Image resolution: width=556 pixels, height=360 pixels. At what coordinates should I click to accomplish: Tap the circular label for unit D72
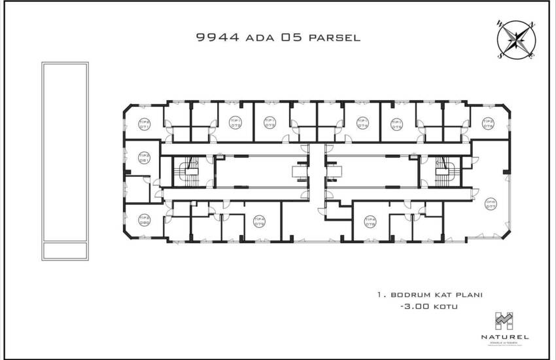pyautogui.click(x=235, y=123)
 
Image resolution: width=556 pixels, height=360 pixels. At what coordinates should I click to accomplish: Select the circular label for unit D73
pyautogui.click(x=269, y=123)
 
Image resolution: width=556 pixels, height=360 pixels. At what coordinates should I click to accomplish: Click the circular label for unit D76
pyautogui.click(x=487, y=123)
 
